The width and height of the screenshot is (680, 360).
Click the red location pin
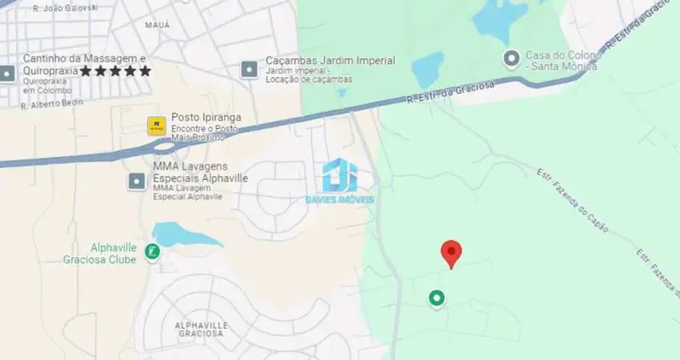[451, 253]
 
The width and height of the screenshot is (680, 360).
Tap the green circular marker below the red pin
[436, 298]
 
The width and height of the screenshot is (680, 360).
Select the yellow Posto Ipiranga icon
[156, 126]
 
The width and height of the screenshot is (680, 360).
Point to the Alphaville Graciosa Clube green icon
[152, 253]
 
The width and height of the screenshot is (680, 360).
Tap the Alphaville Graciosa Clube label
[99, 252]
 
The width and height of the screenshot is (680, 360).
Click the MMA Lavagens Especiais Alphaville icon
[137, 182]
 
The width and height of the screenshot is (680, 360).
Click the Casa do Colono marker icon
[510, 58]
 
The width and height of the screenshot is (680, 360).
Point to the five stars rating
[115, 71]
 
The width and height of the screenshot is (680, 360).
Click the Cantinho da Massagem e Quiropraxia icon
[7, 74]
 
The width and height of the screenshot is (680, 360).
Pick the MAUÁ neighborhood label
[157, 25]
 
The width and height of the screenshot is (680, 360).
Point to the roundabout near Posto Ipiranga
[164, 146]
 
